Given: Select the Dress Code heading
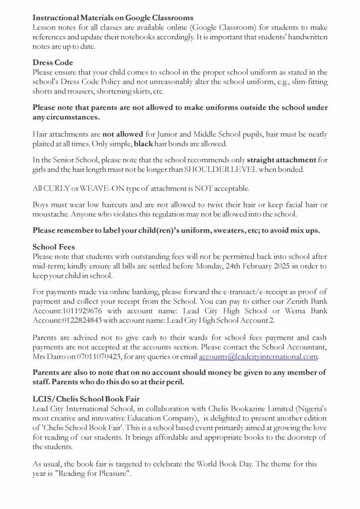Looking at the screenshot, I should point(53,63).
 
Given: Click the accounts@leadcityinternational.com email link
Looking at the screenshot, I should point(258,357).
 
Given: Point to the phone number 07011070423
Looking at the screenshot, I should point(108,357).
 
